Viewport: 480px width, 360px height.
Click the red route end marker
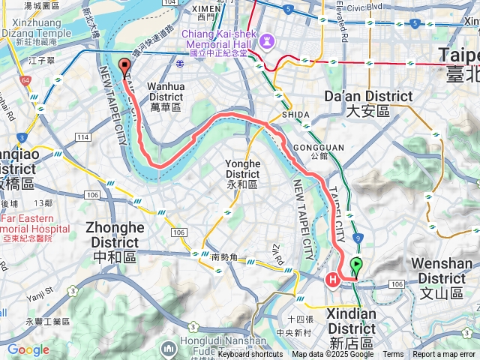point(124,67)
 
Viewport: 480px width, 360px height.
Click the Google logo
point(28,349)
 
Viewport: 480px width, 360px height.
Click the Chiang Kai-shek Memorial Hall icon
point(267,39)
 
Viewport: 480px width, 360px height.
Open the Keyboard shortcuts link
point(250,354)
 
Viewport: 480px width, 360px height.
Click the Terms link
point(393,354)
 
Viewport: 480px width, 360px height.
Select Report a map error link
point(445,354)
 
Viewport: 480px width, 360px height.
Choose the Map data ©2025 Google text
point(332,354)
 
